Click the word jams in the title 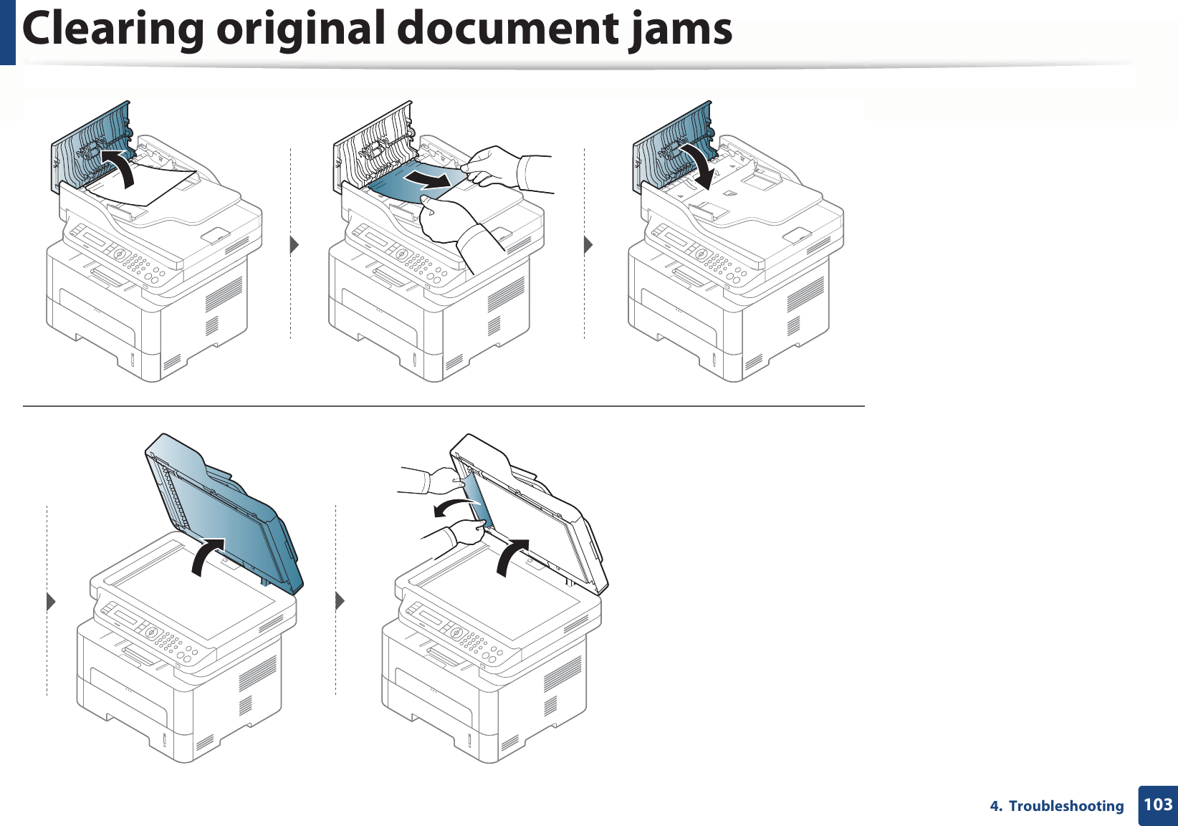click(x=681, y=29)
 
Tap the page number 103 click(x=1158, y=805)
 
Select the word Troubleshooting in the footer click(x=1066, y=806)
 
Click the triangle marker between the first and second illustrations click(x=294, y=245)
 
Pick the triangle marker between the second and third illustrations click(x=588, y=245)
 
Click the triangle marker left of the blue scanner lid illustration click(x=51, y=602)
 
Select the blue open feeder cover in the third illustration click(x=674, y=143)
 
